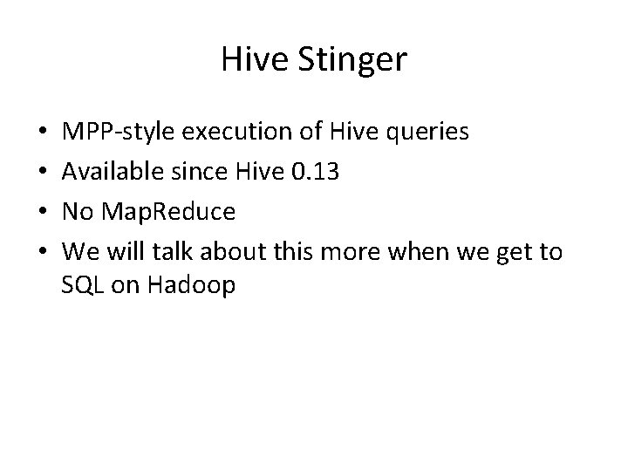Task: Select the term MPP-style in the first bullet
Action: pos(117,132)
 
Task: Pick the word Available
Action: pos(108,172)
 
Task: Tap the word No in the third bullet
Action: pos(78,212)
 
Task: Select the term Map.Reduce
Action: pos(163,212)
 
